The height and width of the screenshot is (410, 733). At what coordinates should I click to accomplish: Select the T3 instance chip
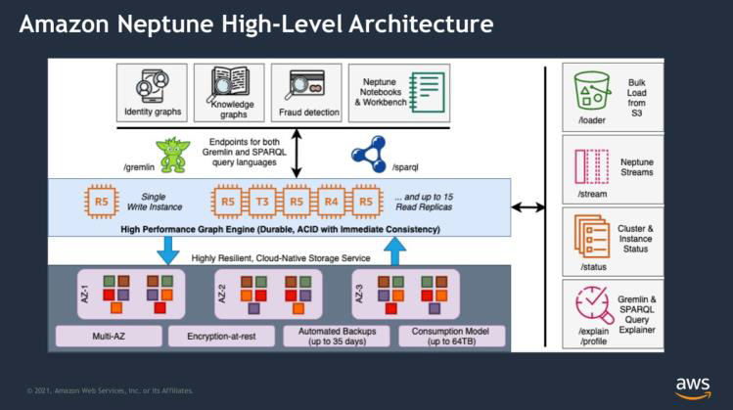[260, 203]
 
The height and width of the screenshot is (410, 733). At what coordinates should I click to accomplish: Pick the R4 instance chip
[331, 203]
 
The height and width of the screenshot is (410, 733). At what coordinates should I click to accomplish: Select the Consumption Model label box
[452, 337]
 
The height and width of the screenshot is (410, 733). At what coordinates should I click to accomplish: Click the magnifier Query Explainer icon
[592, 306]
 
